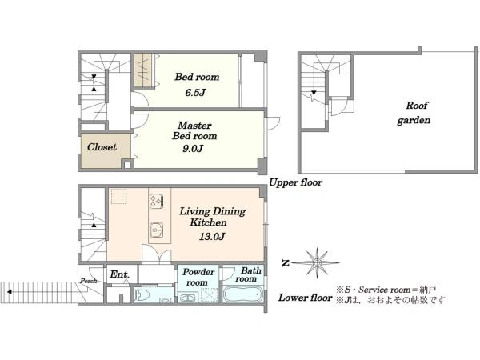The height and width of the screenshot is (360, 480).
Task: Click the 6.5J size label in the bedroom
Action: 195,92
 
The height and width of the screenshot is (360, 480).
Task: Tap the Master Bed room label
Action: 194,130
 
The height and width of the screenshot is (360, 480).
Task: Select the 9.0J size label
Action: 193,149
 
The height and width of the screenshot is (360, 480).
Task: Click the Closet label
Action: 102,147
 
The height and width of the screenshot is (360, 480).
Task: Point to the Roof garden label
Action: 414,113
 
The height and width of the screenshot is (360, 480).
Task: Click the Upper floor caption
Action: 295,182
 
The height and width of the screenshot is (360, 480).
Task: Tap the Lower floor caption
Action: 306,298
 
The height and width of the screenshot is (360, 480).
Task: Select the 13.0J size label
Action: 212,236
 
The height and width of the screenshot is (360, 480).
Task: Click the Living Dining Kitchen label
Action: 212,217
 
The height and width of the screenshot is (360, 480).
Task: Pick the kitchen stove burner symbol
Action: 156,201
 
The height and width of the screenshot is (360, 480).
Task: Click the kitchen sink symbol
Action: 156,229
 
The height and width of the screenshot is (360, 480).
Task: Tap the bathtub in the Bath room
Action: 243,294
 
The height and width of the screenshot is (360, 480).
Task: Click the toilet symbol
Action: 142,294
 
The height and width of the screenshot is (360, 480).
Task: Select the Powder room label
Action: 198,277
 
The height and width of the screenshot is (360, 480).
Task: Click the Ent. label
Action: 119,274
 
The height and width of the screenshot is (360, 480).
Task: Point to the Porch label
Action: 89,281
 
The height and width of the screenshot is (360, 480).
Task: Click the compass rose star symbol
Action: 317,262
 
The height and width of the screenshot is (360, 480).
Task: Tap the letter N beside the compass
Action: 286,263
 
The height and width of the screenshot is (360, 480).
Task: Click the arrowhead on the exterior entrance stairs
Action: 10,292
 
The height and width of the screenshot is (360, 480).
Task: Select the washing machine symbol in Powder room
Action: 186,298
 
